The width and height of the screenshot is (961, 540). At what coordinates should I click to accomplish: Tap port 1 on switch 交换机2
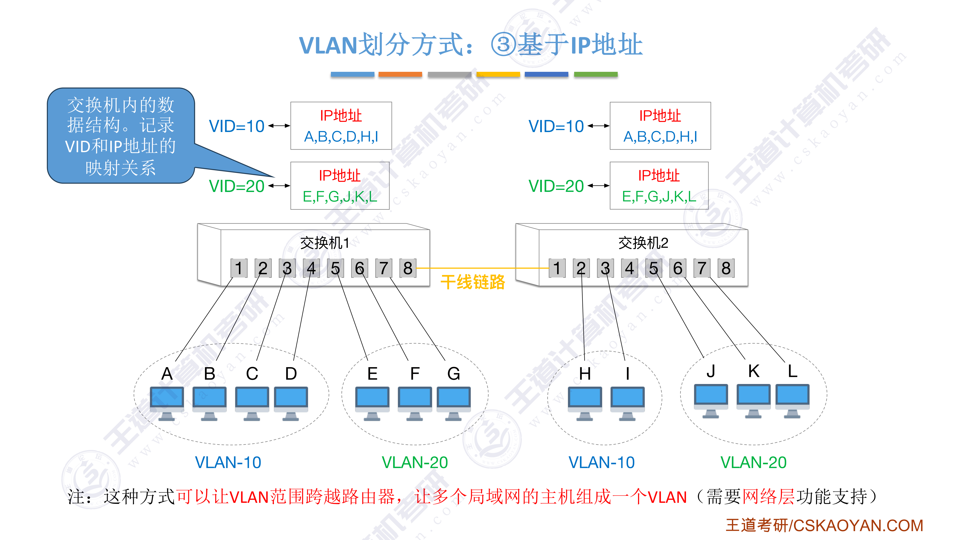click(557, 268)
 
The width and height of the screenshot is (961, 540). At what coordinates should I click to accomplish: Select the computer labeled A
click(167, 403)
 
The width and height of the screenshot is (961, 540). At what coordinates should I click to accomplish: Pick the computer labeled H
click(585, 403)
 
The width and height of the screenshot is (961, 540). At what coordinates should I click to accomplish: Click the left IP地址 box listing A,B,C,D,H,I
click(341, 126)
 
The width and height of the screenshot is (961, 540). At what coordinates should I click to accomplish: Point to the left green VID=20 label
click(236, 186)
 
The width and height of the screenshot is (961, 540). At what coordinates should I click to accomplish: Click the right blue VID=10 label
click(556, 126)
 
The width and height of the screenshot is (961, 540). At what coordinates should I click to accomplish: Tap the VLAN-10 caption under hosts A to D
click(228, 463)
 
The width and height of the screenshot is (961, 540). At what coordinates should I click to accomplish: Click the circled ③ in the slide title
click(503, 45)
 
